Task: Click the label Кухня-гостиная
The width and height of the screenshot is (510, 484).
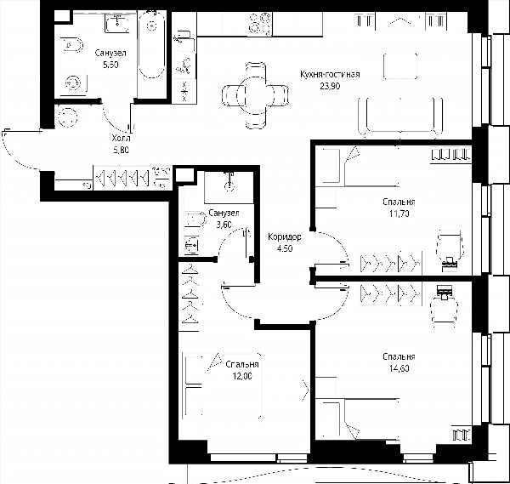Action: pos(330,75)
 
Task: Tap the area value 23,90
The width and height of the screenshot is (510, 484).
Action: pos(330,86)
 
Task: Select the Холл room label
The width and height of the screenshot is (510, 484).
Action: pos(121,139)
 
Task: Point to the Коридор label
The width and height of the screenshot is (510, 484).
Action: pos(284,237)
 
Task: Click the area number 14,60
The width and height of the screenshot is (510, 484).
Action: pos(399,368)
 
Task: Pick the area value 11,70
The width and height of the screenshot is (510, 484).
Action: pos(399,214)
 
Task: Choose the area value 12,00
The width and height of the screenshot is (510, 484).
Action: pos(242,376)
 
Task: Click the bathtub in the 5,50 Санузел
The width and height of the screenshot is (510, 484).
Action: pos(151,44)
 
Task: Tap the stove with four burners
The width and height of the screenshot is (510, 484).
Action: pos(260,24)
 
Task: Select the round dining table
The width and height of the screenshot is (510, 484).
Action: pos(255,95)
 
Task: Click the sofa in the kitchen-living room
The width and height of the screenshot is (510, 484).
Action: pos(400,117)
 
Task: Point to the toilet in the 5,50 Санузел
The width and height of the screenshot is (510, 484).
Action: pos(72,44)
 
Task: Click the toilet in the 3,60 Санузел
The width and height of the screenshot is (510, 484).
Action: pos(195,219)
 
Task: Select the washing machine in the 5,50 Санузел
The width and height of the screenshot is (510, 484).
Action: pos(73,83)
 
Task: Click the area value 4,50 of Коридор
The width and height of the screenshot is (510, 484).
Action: pos(284,248)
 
